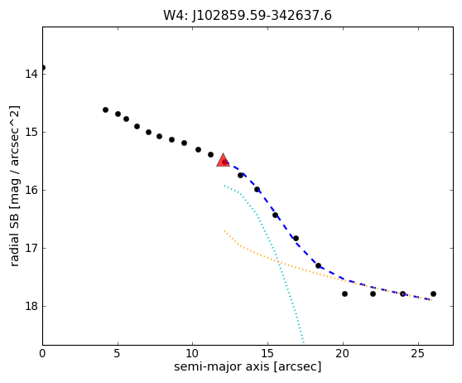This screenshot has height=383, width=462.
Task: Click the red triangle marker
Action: click(x=223, y=160)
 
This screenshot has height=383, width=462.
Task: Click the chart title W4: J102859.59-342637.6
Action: click(x=248, y=16)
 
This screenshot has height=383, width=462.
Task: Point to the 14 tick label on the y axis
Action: click(x=31, y=74)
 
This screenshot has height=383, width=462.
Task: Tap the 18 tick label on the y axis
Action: click(x=31, y=306)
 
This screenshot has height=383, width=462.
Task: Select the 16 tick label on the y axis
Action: click(x=31, y=190)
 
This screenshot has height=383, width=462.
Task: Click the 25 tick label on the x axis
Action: click(x=418, y=353)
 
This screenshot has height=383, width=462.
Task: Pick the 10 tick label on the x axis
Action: click(x=193, y=353)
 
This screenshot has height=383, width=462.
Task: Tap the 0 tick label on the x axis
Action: click(x=42, y=353)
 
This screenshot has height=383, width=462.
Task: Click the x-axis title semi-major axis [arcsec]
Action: click(x=248, y=366)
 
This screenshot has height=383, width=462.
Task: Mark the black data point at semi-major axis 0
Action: click(x=43, y=68)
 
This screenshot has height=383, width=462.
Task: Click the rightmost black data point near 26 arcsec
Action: click(x=433, y=294)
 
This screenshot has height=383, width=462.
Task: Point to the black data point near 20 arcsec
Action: click(x=344, y=294)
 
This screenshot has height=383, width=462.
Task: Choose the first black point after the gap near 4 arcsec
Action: click(x=105, y=109)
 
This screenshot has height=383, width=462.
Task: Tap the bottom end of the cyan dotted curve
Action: click(x=304, y=342)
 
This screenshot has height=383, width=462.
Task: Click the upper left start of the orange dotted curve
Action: click(x=224, y=230)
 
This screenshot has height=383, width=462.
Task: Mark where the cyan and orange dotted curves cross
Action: click(x=278, y=262)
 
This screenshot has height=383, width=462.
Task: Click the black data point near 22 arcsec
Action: click(x=373, y=294)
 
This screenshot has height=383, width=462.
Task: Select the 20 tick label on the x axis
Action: click(x=343, y=353)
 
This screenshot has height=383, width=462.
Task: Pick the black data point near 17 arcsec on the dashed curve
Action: click(x=296, y=238)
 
